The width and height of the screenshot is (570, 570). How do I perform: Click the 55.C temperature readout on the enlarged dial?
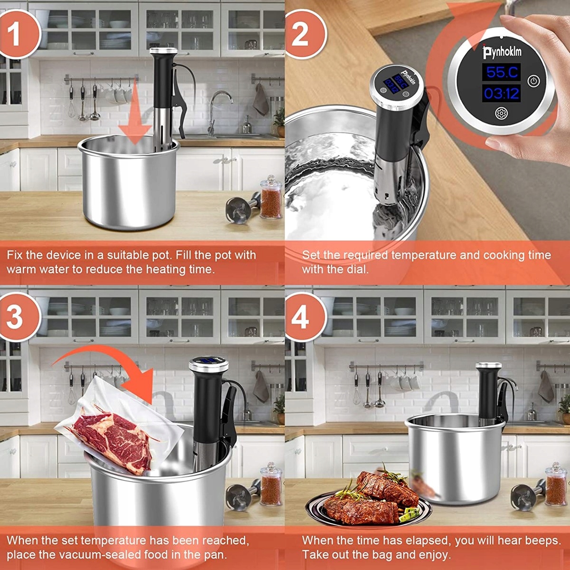(x=502, y=72)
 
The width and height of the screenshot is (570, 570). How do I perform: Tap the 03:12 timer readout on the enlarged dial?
(x=502, y=94)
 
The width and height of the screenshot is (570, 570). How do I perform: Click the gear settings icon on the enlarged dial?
(x=502, y=114)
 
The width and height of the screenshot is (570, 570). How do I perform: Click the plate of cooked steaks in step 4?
(x=368, y=500)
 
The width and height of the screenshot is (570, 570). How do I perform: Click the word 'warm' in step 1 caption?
(x=20, y=269)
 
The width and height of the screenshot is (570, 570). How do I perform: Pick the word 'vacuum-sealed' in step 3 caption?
(x=102, y=554)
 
